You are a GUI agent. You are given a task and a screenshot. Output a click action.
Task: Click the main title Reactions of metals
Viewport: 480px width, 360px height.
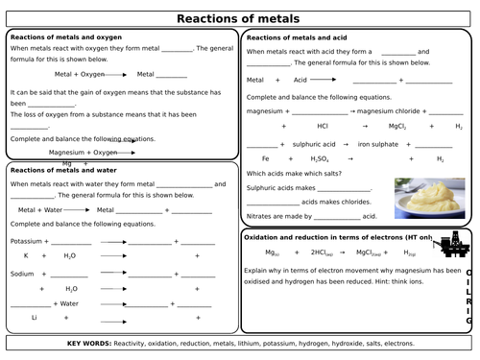(x=240, y=17)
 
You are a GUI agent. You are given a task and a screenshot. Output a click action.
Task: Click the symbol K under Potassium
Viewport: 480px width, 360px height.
(x=26, y=256)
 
